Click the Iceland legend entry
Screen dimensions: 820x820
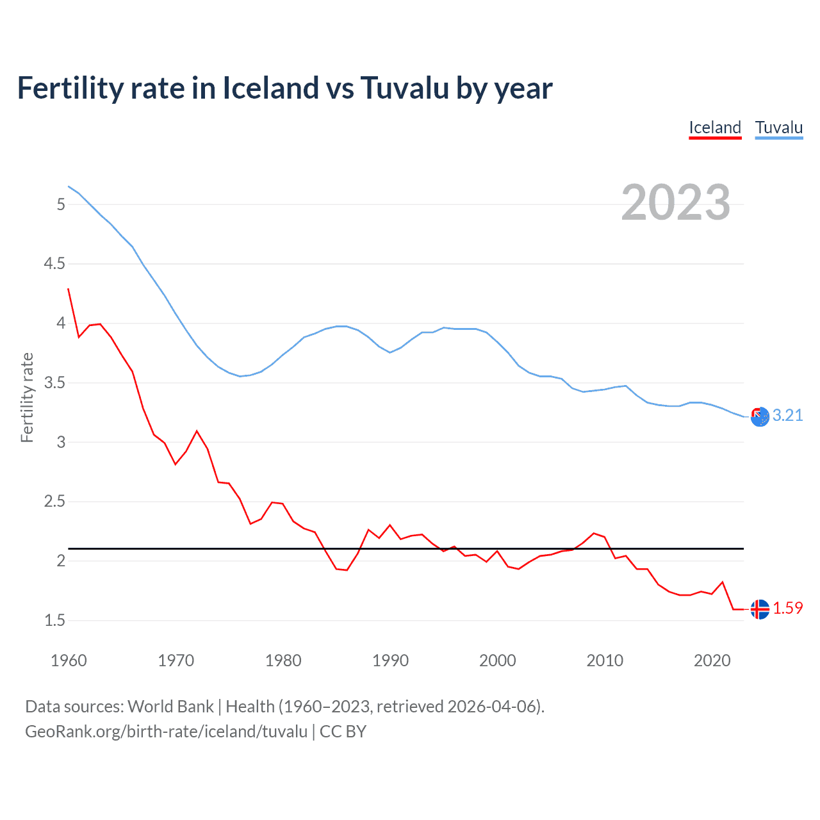pyautogui.click(x=715, y=127)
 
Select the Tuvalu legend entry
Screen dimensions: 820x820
pyautogui.click(x=779, y=127)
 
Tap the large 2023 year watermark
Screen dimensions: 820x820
pyautogui.click(x=676, y=202)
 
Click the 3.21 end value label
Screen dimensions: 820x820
pyautogui.click(x=787, y=415)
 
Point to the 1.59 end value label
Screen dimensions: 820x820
pyautogui.click(x=787, y=608)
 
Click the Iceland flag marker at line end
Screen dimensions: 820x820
pyautogui.click(x=760, y=609)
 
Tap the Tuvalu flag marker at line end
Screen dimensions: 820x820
pyautogui.click(x=760, y=416)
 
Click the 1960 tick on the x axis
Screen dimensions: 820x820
pyautogui.click(x=69, y=660)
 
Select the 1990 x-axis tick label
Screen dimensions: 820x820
pyautogui.click(x=390, y=660)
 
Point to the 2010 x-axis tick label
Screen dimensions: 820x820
pyautogui.click(x=605, y=660)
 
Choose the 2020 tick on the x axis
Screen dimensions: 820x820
pyautogui.click(x=712, y=660)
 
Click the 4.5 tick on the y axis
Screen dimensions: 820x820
pyautogui.click(x=54, y=264)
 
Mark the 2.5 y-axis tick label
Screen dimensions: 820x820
pyautogui.click(x=54, y=502)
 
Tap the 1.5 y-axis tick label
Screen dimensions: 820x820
pyautogui.click(x=54, y=620)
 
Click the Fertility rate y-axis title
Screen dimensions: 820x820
pyautogui.click(x=27, y=397)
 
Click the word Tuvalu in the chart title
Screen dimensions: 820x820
pyautogui.click(x=404, y=88)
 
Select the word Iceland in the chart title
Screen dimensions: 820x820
pyautogui.click(x=270, y=88)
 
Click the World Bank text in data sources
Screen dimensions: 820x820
pyautogui.click(x=170, y=707)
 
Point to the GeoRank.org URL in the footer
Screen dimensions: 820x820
pyautogui.click(x=166, y=732)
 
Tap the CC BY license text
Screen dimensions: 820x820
pyautogui.click(x=343, y=732)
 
